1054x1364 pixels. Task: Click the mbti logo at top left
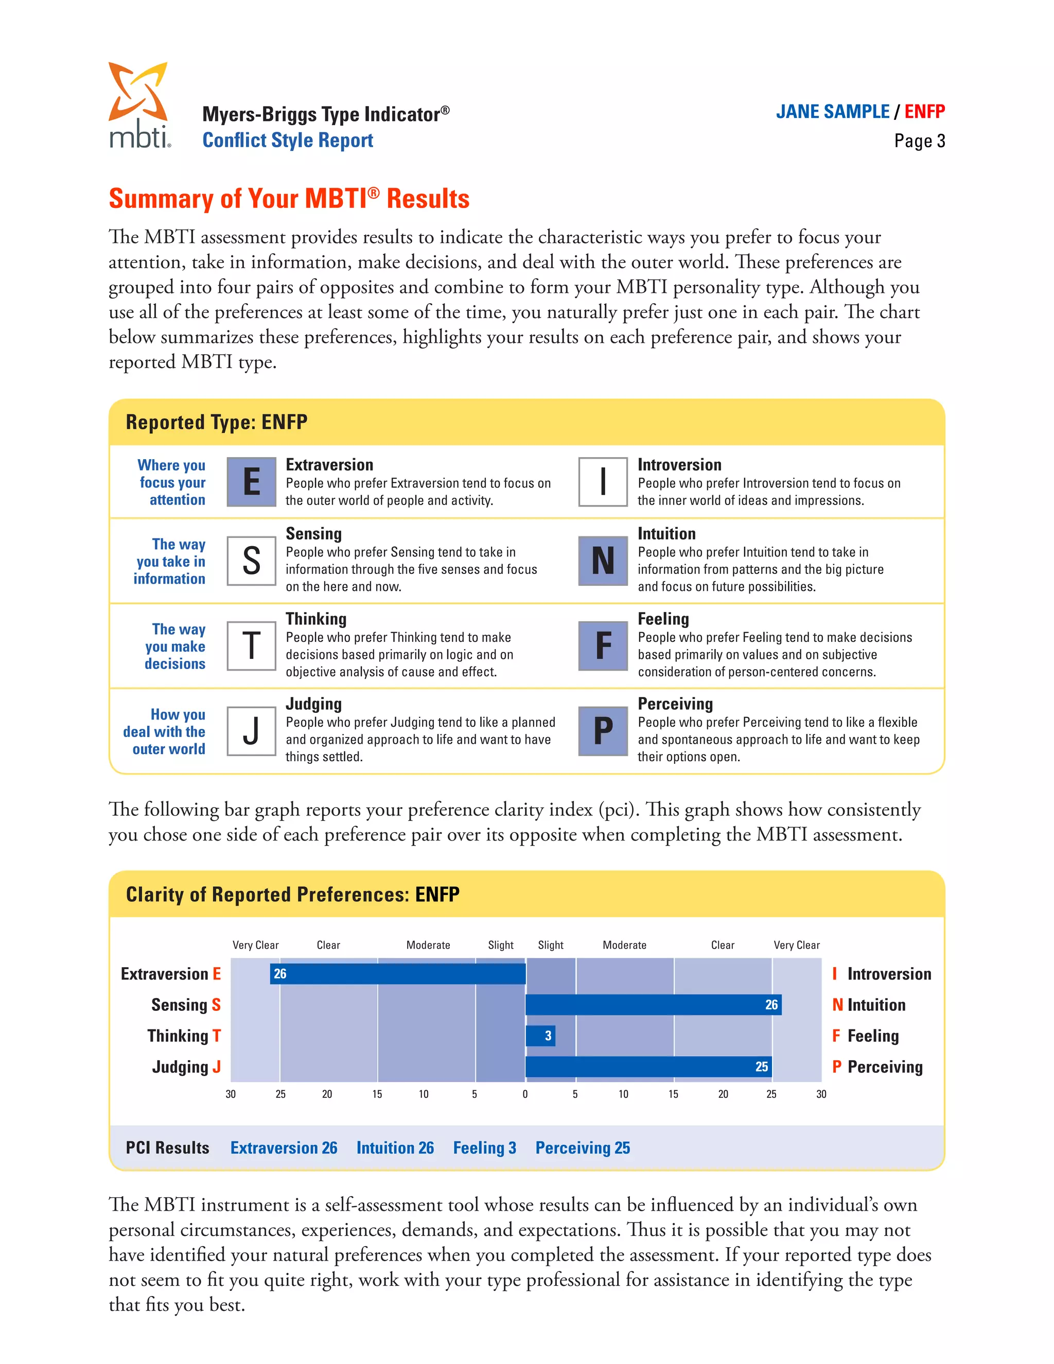click(x=138, y=105)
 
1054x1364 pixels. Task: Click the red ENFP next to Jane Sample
click(x=924, y=112)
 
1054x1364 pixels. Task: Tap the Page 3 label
click(x=919, y=141)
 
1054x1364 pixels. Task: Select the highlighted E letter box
click(x=251, y=482)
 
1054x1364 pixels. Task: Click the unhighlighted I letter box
click(x=603, y=482)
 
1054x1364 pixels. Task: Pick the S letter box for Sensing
click(x=251, y=561)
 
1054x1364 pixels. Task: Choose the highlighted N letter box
click(x=603, y=561)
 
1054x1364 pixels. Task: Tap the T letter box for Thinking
click(x=251, y=646)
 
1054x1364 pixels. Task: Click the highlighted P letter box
click(x=603, y=731)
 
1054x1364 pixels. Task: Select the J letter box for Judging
click(x=251, y=731)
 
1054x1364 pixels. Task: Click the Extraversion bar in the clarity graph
click(x=398, y=974)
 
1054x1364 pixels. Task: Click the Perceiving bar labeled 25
click(x=648, y=1066)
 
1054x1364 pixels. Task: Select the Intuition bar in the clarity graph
click(x=653, y=1005)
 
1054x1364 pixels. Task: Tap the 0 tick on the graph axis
click(x=525, y=1094)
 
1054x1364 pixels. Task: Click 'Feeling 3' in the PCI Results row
click(x=484, y=1148)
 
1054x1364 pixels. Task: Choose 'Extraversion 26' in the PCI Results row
click(x=284, y=1148)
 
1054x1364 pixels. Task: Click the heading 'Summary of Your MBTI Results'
click(x=289, y=199)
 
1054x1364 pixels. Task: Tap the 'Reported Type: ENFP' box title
click(x=217, y=422)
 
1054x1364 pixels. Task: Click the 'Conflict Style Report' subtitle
click(x=288, y=141)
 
